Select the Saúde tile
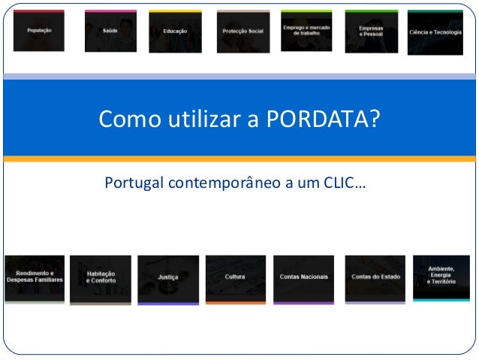110,32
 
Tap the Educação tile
175,32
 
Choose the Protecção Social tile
243,32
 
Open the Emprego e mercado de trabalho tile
306,31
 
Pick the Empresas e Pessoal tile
371,31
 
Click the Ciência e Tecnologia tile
435,32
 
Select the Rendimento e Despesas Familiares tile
35,277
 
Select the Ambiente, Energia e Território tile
441,277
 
